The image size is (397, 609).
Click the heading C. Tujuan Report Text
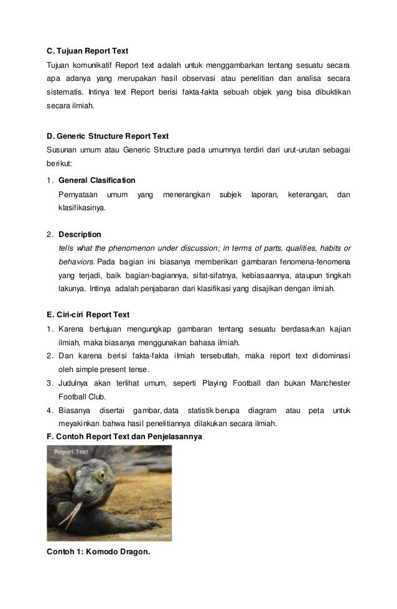click(x=88, y=50)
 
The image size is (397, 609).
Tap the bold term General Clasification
click(x=96, y=180)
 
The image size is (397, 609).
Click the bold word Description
click(x=80, y=235)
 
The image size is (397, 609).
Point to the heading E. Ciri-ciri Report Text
click(x=89, y=314)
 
